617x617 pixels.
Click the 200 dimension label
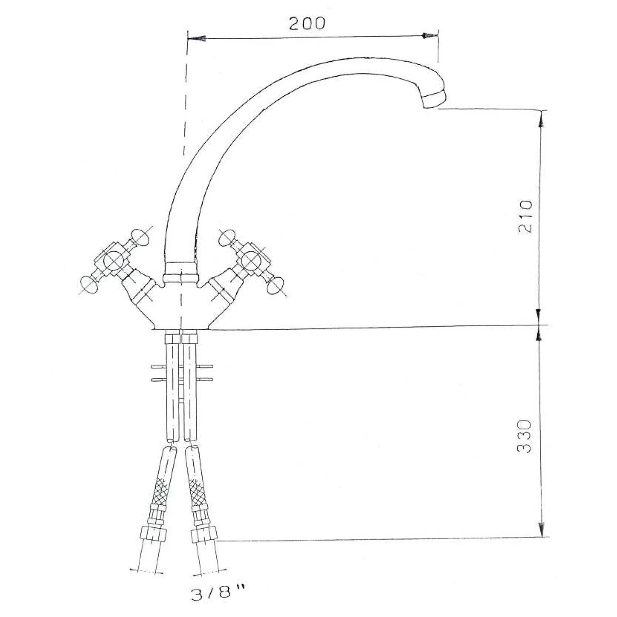click(x=306, y=23)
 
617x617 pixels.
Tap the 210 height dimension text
click(x=525, y=216)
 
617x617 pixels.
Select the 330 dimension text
click(x=524, y=437)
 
